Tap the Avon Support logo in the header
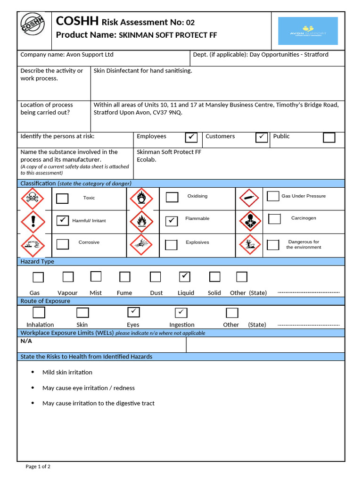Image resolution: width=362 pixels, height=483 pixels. point(308,31)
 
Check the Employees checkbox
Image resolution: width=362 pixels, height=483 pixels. point(191,137)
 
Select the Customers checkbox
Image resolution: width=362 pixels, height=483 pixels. point(262,137)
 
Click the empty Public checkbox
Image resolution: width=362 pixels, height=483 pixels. point(329,137)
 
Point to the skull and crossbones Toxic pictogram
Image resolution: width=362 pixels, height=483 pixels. point(33,199)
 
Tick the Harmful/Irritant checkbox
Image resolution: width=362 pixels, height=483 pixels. point(62,220)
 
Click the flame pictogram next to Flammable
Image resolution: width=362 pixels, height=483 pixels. point(142,221)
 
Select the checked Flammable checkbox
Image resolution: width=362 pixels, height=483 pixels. point(172,221)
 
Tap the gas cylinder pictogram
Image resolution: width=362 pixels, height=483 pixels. point(250,199)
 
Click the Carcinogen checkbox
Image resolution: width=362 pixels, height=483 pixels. point(274,219)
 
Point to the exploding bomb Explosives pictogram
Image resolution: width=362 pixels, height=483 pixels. point(142,244)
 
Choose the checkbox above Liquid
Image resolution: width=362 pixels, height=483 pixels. point(185,276)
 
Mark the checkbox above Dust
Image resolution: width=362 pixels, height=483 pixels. point(156,277)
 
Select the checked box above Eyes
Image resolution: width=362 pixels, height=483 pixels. point(134,312)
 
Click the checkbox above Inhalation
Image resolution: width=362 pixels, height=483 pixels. point(39,312)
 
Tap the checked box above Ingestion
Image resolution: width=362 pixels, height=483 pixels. point(181,312)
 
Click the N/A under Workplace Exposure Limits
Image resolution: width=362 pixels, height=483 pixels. point(26,341)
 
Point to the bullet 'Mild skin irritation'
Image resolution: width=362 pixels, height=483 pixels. point(67,372)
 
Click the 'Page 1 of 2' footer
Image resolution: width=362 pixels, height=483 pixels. point(38,466)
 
